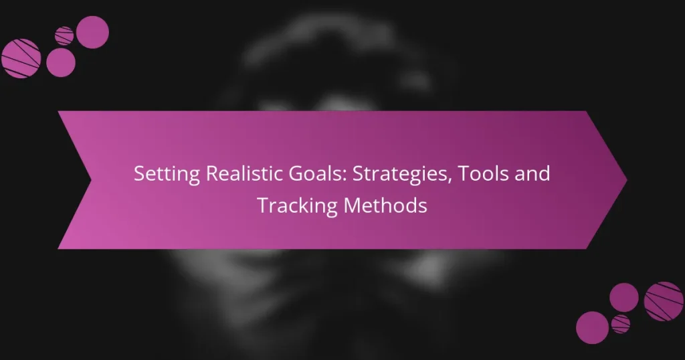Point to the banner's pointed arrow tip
(625, 179)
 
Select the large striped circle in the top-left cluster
(21, 58)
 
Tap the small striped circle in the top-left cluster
(64, 35)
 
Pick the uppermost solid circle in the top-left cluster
(92, 31)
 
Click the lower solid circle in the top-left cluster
(61, 63)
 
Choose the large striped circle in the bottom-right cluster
(663, 300)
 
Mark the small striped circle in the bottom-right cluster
(620, 324)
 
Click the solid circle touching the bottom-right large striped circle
(624, 296)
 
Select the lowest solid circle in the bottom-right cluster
(592, 328)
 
